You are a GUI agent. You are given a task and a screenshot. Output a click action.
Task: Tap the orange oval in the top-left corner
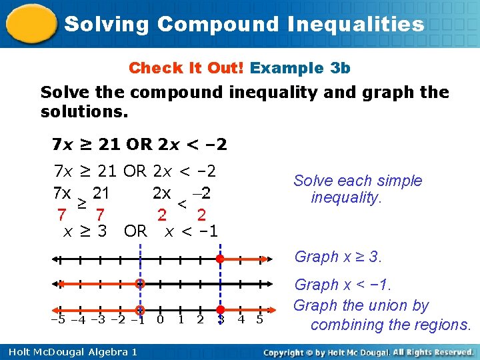point(30,23)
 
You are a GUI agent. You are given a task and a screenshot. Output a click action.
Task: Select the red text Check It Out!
point(187,68)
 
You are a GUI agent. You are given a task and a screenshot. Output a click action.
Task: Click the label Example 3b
point(300,68)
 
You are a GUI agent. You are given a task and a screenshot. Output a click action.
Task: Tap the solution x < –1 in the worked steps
point(191,231)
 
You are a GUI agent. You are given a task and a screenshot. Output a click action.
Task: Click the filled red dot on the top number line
point(220,259)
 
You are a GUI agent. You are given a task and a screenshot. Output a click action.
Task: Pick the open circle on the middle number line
point(140,284)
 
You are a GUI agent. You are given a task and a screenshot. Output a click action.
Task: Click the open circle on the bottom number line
point(140,310)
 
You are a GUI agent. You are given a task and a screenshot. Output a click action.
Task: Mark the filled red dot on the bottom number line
point(220,310)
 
